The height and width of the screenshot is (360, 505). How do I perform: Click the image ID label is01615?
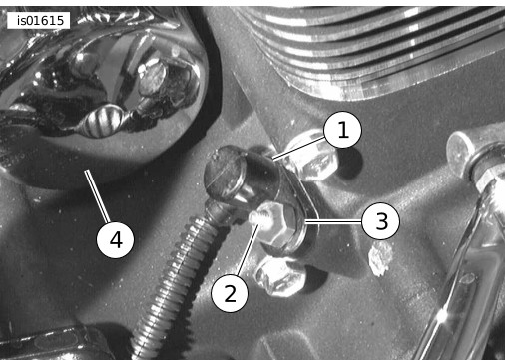click(x=39, y=21)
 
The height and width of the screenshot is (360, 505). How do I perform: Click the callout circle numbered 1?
click(x=342, y=130)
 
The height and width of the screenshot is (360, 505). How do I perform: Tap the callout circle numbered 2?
click(x=230, y=293)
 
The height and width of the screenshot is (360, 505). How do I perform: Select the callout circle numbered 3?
click(x=380, y=221)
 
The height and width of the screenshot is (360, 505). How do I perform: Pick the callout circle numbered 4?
click(x=115, y=239)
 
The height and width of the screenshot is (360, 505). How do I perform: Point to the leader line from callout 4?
click(x=97, y=196)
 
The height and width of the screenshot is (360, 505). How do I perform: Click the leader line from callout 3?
click(x=333, y=221)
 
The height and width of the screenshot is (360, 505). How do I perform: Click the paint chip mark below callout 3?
click(x=380, y=258)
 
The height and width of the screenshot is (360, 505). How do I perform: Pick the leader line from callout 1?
click(x=298, y=148)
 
